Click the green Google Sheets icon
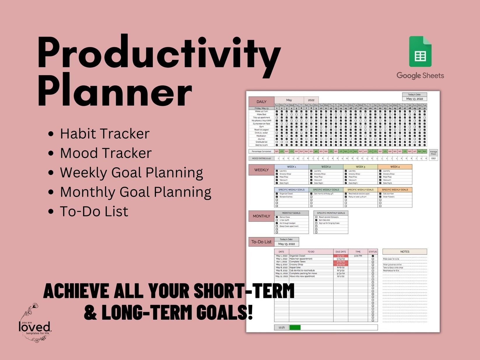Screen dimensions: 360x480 coord(420,52)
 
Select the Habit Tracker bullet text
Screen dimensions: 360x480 coord(105,134)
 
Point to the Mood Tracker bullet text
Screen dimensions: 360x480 coord(106,153)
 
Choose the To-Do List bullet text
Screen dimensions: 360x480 coord(94,212)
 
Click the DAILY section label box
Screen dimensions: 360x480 coord(261,102)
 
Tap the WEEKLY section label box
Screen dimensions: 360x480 coord(261,170)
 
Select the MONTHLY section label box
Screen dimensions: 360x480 coord(261,216)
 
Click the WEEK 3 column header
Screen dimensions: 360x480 coord(360,167)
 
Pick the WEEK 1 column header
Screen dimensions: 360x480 coord(291,167)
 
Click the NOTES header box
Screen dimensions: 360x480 coord(404,252)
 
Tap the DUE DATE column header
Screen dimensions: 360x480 coord(341,252)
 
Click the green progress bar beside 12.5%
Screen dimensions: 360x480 coord(295,327)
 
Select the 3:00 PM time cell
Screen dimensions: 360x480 coord(358,256)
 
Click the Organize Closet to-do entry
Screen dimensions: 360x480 coord(297,256)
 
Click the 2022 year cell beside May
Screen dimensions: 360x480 coord(311,100)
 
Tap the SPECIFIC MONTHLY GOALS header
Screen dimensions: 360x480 coord(331,213)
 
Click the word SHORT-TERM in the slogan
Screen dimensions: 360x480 coord(244,291)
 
